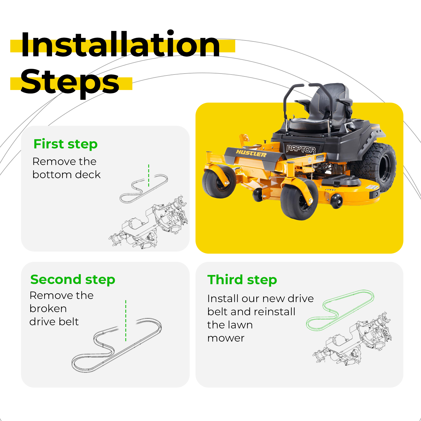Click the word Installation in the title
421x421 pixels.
click(121, 44)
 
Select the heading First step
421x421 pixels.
click(66, 144)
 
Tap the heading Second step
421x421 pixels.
click(73, 280)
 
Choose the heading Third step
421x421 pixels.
click(242, 280)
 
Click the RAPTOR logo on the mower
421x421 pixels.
click(301, 149)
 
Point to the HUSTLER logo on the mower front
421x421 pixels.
click(251, 153)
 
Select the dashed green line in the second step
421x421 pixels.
click(126, 321)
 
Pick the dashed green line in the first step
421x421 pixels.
click(149, 176)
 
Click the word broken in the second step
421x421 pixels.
click(48, 308)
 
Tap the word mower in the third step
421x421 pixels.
click(226, 338)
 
